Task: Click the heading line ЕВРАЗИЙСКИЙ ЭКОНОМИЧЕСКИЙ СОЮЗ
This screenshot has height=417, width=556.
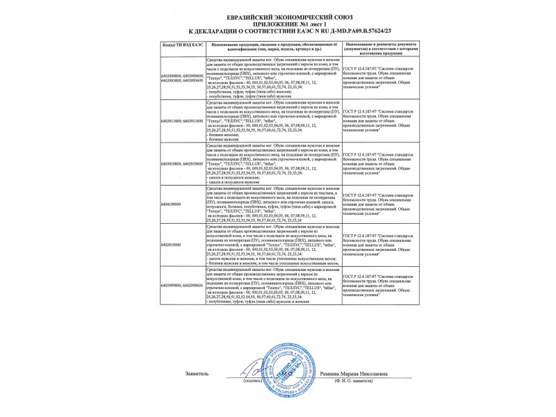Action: point(277,15)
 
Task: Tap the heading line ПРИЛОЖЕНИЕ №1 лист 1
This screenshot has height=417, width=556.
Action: point(277,23)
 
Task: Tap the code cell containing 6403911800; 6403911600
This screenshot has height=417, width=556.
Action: point(182,120)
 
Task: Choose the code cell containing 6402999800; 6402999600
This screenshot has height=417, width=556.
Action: point(182,285)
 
